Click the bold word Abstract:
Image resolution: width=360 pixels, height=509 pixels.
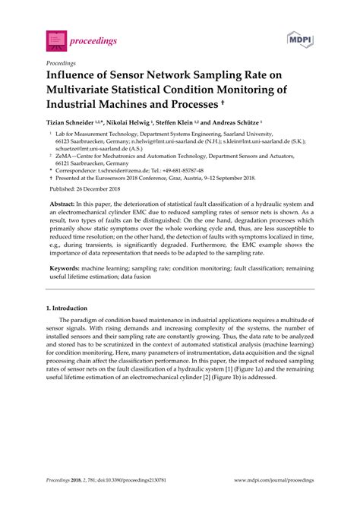pyautogui.click(x=66, y=205)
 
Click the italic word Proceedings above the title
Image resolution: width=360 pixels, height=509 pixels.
pyautogui.click(x=62, y=63)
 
